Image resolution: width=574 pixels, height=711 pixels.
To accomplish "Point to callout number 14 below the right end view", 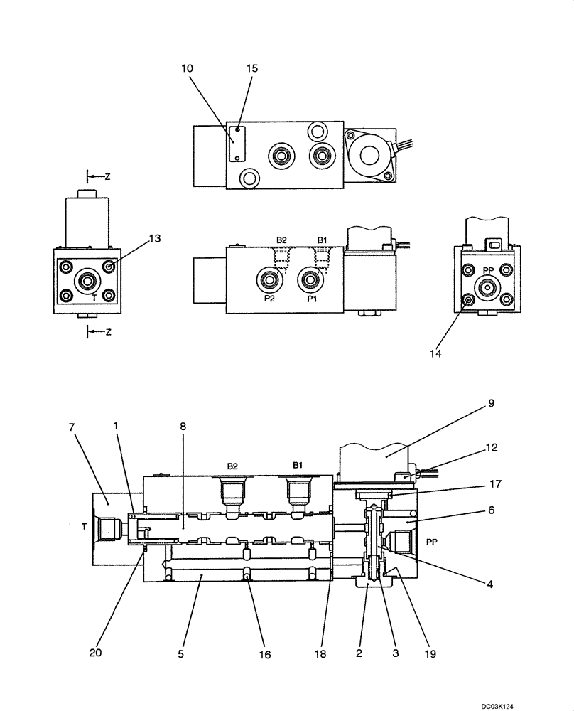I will [436, 352].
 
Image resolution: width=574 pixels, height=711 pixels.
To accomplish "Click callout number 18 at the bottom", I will [321, 652].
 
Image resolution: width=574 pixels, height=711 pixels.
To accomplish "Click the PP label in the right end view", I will [488, 271].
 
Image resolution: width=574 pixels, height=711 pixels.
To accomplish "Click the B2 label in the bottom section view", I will [232, 466].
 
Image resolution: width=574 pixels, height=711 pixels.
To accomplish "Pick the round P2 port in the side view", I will [269, 279].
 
